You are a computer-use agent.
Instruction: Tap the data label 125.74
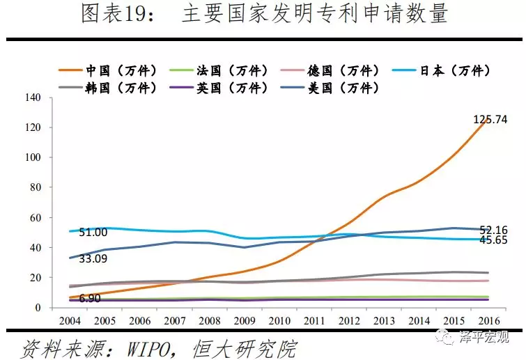click(x=490, y=119)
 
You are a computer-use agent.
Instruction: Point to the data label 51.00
click(x=93, y=233)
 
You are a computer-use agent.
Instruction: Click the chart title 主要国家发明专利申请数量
click(x=314, y=15)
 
